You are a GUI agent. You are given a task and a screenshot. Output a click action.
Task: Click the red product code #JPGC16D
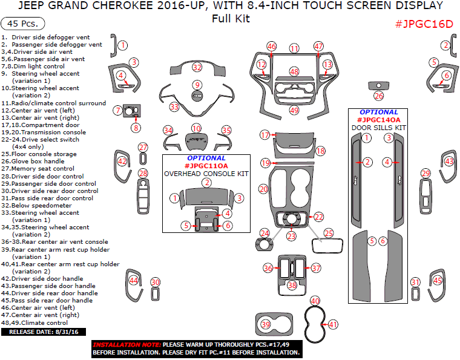pyautogui.click(x=424, y=24)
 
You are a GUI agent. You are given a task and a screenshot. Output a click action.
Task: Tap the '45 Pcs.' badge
pyautogui.click(x=23, y=24)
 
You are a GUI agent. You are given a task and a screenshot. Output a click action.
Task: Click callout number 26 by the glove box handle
pyautogui.click(x=379, y=96)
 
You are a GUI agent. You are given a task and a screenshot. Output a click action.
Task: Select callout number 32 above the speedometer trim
pyautogui.click(x=197, y=67)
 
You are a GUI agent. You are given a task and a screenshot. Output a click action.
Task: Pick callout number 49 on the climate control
pyautogui.click(x=294, y=111)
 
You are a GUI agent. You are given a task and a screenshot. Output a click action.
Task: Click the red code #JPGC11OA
pyautogui.click(x=206, y=166)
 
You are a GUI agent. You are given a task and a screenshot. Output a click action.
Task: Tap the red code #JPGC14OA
pyautogui.click(x=379, y=120)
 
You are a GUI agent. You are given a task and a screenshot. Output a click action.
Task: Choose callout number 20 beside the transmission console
pyautogui.click(x=263, y=189)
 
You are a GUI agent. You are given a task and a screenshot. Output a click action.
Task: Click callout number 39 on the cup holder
pyautogui.click(x=265, y=325)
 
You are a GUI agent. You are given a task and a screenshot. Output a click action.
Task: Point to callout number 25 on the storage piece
pyautogui.click(x=329, y=232)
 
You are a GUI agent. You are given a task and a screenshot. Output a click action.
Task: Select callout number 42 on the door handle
pyautogui.click(x=123, y=162)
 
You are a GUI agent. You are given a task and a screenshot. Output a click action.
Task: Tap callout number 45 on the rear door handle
pyautogui.click(x=438, y=280)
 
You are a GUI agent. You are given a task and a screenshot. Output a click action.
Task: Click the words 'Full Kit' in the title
pyautogui.click(x=231, y=18)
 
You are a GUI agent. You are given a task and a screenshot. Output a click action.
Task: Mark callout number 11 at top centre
pyautogui.click(x=294, y=48)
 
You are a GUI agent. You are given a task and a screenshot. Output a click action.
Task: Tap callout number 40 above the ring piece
pyautogui.click(x=315, y=301)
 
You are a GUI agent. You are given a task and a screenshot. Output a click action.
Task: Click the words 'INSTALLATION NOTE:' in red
pyautogui.click(x=126, y=344)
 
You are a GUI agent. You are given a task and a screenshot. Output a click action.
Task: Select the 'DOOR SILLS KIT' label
pyautogui.click(x=379, y=128)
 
